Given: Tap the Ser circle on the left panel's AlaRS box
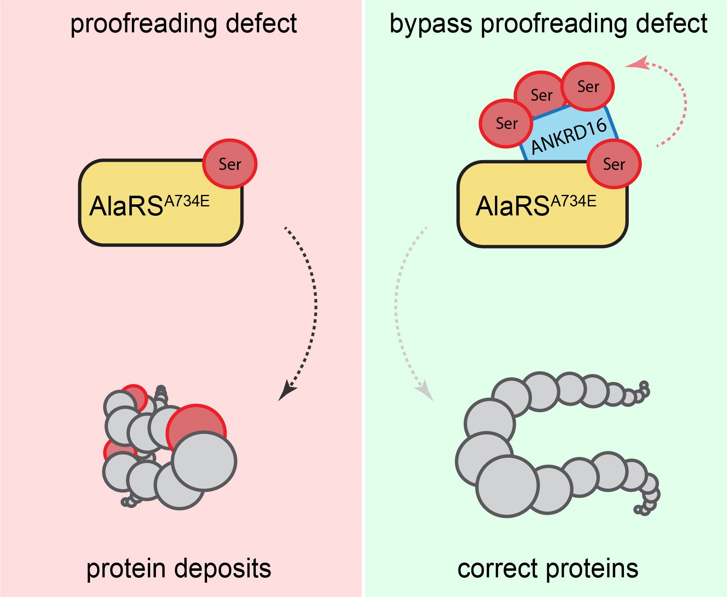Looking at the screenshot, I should [230, 164].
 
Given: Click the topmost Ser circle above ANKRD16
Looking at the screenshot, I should [588, 86].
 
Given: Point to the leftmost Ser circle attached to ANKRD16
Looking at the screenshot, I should [506, 123].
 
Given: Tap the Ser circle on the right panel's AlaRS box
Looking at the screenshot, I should [614, 164].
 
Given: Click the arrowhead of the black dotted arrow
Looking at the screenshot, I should [287, 391].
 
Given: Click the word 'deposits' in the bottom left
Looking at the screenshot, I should [224, 568].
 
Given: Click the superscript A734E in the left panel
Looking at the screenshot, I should [187, 201].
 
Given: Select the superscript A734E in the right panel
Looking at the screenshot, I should [573, 201].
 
